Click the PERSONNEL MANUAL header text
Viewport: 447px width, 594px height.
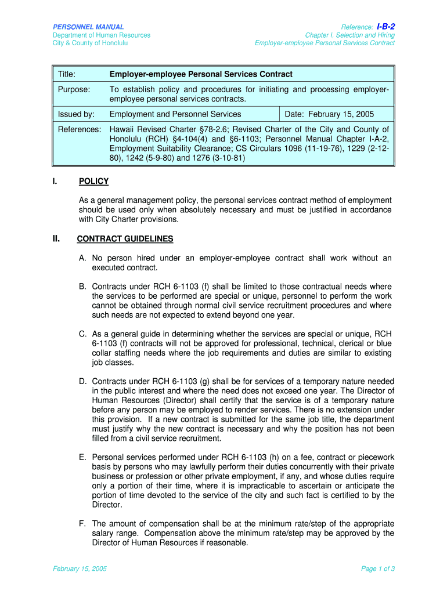point(88,27)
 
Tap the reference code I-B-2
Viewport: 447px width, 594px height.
point(385,27)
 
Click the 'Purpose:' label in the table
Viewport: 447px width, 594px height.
point(74,89)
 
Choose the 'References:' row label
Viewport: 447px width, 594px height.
point(80,129)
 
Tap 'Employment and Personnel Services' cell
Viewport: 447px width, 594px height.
point(175,114)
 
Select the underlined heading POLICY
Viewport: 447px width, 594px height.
point(93,182)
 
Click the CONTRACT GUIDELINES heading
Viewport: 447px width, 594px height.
point(125,239)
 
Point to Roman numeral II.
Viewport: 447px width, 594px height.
point(56,238)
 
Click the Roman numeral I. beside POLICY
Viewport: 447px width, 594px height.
point(55,182)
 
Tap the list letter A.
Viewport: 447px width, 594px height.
point(83,258)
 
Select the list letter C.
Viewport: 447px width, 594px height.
point(83,334)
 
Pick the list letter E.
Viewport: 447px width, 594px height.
point(83,458)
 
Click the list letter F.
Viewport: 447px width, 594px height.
point(82,524)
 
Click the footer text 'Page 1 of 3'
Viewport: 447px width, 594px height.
point(378,569)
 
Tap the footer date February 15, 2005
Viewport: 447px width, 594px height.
point(80,569)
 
